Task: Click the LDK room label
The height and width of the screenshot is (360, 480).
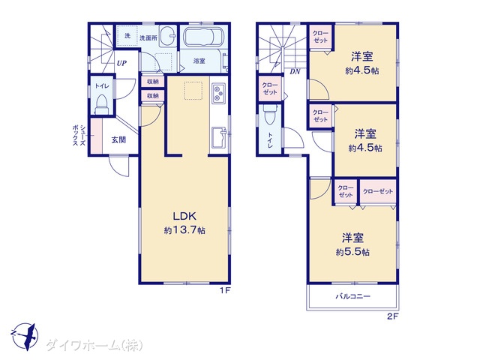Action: [x=184, y=217]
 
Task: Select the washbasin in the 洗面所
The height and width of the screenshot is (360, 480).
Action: [x=168, y=36]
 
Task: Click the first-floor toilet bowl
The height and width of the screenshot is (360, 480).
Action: [x=101, y=104]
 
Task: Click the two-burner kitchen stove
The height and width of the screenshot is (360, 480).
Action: [x=218, y=93]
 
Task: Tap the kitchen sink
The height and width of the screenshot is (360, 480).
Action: [x=219, y=137]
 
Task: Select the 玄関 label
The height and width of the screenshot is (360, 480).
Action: [x=118, y=140]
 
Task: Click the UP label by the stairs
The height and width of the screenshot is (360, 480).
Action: [x=121, y=63]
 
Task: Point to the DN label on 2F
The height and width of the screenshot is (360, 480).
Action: [x=295, y=72]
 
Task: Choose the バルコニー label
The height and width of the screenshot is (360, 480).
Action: [x=353, y=296]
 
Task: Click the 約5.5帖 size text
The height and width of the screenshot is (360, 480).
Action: [x=352, y=252]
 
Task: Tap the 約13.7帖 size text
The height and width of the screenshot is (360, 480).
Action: [x=184, y=230]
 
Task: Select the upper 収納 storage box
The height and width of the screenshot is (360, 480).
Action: [x=153, y=82]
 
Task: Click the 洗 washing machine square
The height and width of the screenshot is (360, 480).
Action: [x=127, y=36]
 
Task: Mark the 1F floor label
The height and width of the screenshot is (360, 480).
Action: [x=225, y=290]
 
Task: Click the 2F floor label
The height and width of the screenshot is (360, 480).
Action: [x=392, y=316]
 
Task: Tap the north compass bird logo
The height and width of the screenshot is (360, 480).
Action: [x=25, y=335]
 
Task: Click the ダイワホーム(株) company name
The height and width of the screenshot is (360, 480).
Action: [x=94, y=346]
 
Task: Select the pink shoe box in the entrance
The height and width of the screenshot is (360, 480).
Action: [x=96, y=136]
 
